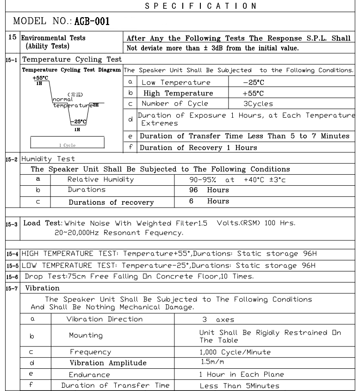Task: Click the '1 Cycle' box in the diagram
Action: [68, 145]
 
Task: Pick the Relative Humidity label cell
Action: [100, 179]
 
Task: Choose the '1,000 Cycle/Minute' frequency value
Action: [235, 352]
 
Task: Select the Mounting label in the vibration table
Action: [86, 335]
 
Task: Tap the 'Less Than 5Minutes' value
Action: [239, 385]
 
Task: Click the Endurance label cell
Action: [90, 374]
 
